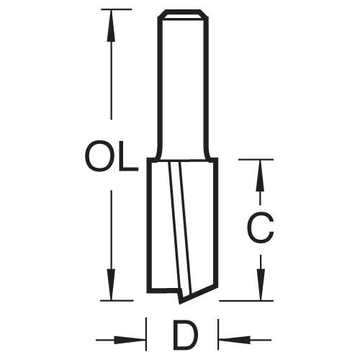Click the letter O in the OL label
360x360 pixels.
[x=99, y=156]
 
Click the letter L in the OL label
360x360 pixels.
[x=129, y=156]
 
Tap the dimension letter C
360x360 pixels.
[x=261, y=228]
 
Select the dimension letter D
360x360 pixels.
[x=186, y=335]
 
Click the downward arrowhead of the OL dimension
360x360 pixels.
[x=111, y=284]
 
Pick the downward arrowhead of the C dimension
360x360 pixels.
[x=261, y=285]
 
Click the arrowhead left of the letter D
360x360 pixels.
[x=130, y=340]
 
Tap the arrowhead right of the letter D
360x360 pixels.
[x=235, y=340]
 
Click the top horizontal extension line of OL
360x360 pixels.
[x=117, y=9]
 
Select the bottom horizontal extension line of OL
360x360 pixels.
[x=117, y=300]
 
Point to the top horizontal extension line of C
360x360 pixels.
[x=256, y=159]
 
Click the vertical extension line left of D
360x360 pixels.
[x=146, y=334]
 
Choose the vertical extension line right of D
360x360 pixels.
[x=218, y=334]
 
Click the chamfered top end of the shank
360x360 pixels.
[x=183, y=14]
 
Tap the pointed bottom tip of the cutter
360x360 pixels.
[x=180, y=303]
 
